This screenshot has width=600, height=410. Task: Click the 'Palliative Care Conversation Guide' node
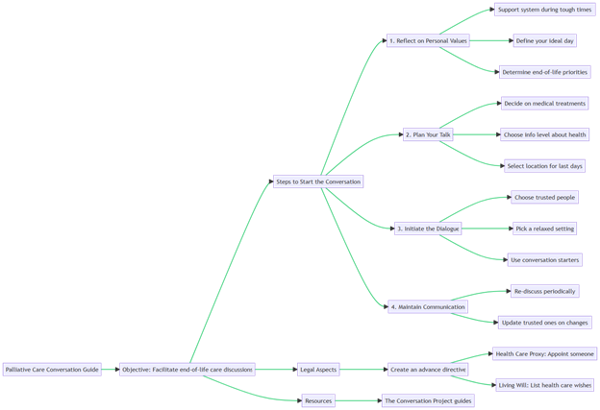pyautogui.click(x=52, y=370)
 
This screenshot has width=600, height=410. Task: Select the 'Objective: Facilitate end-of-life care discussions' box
pyautogui.click(x=187, y=370)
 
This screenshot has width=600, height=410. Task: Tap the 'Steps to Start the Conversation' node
pyautogui.click(x=318, y=181)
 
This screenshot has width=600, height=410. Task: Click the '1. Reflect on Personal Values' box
pyautogui.click(x=428, y=41)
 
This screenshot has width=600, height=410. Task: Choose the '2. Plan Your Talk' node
pyautogui.click(x=428, y=134)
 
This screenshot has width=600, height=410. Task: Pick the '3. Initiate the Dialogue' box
pyautogui.click(x=428, y=229)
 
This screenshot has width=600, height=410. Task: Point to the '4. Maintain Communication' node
pyautogui.click(x=428, y=307)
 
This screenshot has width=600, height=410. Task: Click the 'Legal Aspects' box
pyautogui.click(x=318, y=370)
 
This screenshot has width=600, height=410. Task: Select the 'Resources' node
pyautogui.click(x=318, y=400)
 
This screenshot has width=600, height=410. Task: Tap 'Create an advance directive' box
pyautogui.click(x=428, y=370)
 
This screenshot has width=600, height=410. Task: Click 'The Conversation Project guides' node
pyautogui.click(x=428, y=400)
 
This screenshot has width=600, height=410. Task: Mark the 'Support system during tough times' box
pyautogui.click(x=545, y=10)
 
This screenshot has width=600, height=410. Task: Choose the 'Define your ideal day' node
pyautogui.click(x=545, y=41)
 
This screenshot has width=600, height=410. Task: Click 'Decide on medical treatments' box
pyautogui.click(x=545, y=104)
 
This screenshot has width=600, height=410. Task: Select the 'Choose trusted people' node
pyautogui.click(x=545, y=198)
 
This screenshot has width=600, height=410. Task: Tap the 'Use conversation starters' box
pyautogui.click(x=545, y=260)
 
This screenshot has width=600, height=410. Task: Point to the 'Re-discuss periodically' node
pyautogui.click(x=545, y=291)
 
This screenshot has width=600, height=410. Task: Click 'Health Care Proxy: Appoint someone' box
pyautogui.click(x=545, y=353)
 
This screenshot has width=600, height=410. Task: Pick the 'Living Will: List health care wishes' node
pyautogui.click(x=545, y=385)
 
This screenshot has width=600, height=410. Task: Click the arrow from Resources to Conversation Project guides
pyautogui.click(x=358, y=400)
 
